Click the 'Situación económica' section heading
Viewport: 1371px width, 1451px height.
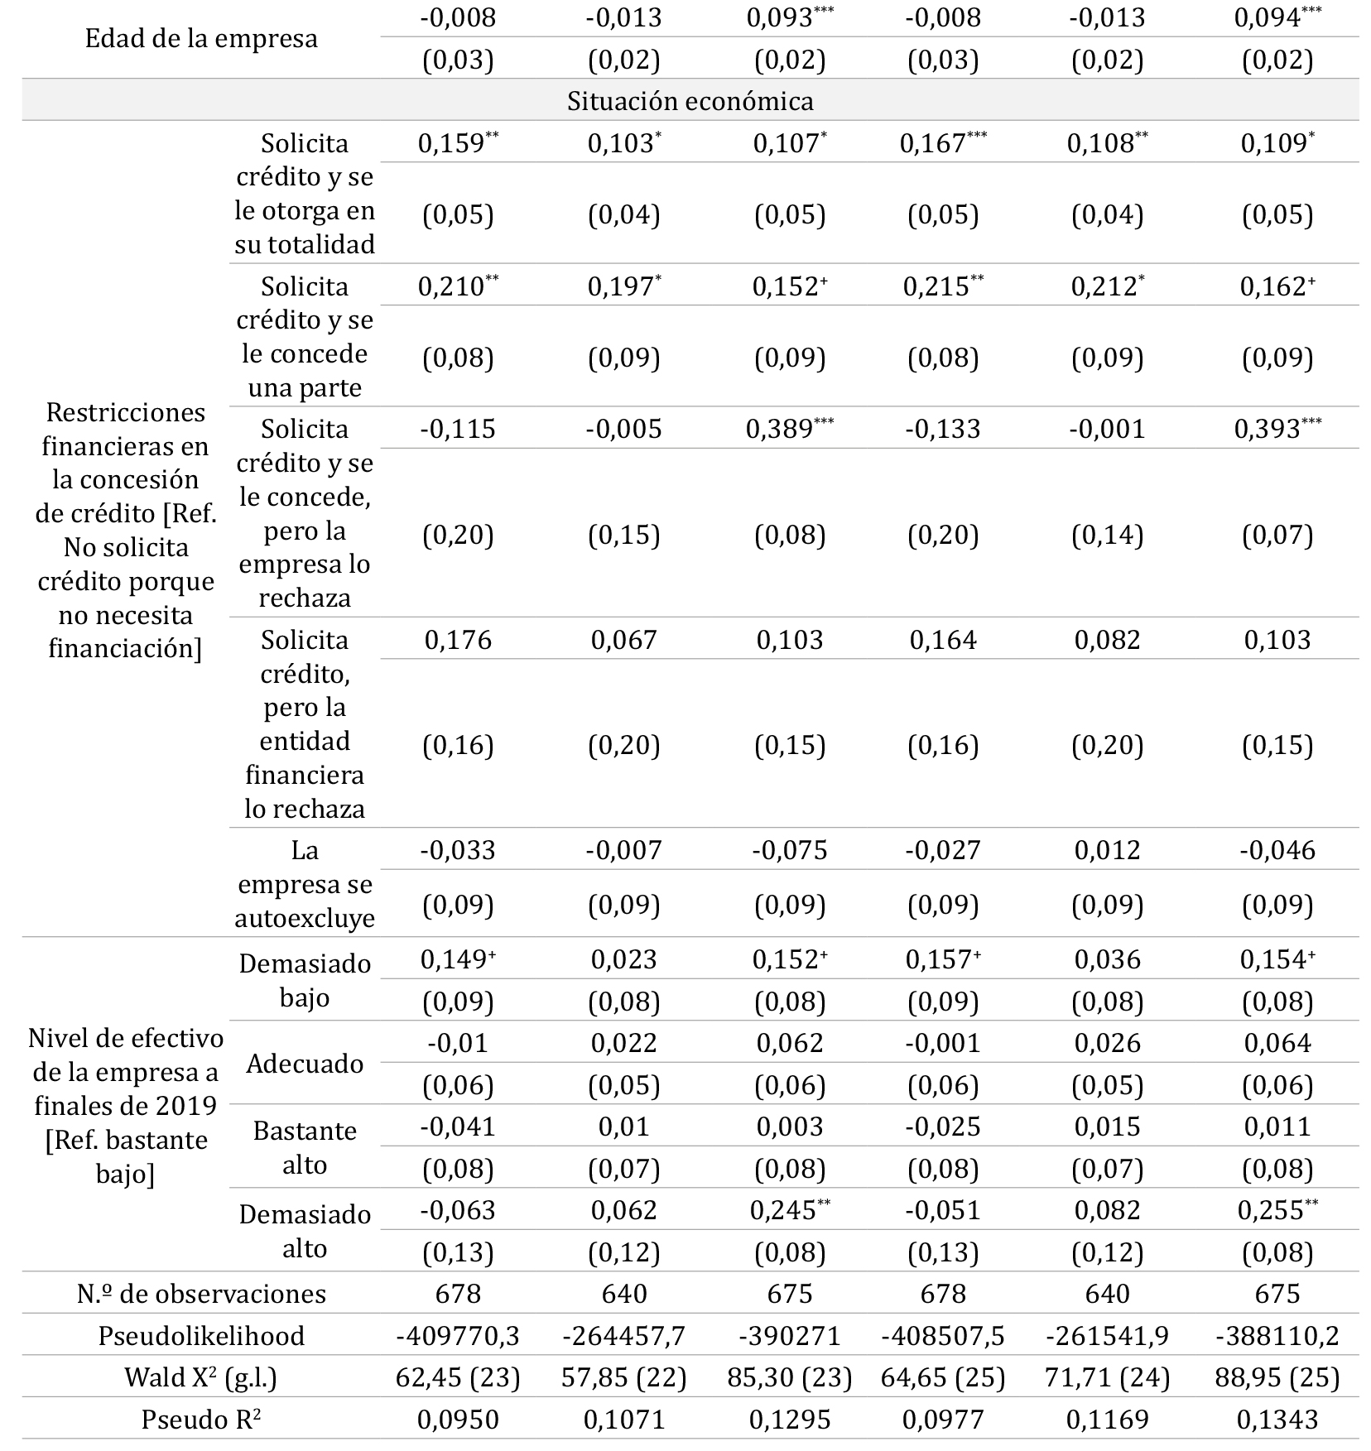click(x=690, y=101)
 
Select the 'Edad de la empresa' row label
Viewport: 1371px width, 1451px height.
click(x=201, y=39)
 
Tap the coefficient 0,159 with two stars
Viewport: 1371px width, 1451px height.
click(x=458, y=143)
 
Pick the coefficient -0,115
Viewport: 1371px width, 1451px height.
click(x=458, y=429)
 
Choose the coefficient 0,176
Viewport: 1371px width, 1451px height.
click(x=458, y=640)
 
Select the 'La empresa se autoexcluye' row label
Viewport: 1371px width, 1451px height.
click(x=305, y=884)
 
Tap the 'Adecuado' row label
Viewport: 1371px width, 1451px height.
click(x=305, y=1064)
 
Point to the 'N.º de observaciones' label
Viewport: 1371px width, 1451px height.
click(x=201, y=1294)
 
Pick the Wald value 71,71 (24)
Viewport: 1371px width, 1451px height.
click(x=1108, y=1377)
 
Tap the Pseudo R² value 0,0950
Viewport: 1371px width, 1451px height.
click(x=458, y=1420)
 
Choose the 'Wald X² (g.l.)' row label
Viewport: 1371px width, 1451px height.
click(x=201, y=1377)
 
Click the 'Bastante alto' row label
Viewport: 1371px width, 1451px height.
click(x=305, y=1147)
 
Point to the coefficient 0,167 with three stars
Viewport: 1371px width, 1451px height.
click(x=942, y=143)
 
